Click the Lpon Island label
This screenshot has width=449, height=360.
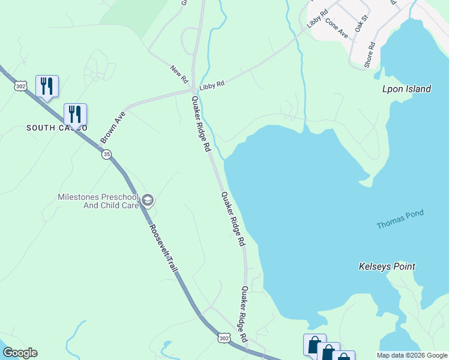tap(406, 89)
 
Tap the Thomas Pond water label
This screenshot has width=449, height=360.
tap(400, 219)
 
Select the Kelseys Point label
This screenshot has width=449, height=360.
tap(387, 266)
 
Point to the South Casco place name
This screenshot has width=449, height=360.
tap(56, 128)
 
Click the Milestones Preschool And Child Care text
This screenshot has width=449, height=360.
tap(98, 201)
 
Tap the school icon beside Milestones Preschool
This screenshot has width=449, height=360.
tap(148, 200)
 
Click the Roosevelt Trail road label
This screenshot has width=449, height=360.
tap(164, 247)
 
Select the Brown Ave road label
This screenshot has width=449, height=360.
tap(112, 127)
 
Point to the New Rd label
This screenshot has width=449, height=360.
tap(179, 74)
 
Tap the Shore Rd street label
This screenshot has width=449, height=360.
tap(369, 54)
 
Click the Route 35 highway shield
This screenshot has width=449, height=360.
tap(106, 155)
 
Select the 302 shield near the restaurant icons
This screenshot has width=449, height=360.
tap(21, 86)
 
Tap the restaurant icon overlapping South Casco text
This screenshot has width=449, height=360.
tap(75, 114)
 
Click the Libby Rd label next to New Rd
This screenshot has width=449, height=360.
tap(211, 85)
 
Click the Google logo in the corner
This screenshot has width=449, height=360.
tap(20, 353)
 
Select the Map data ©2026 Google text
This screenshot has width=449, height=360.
tap(412, 355)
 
